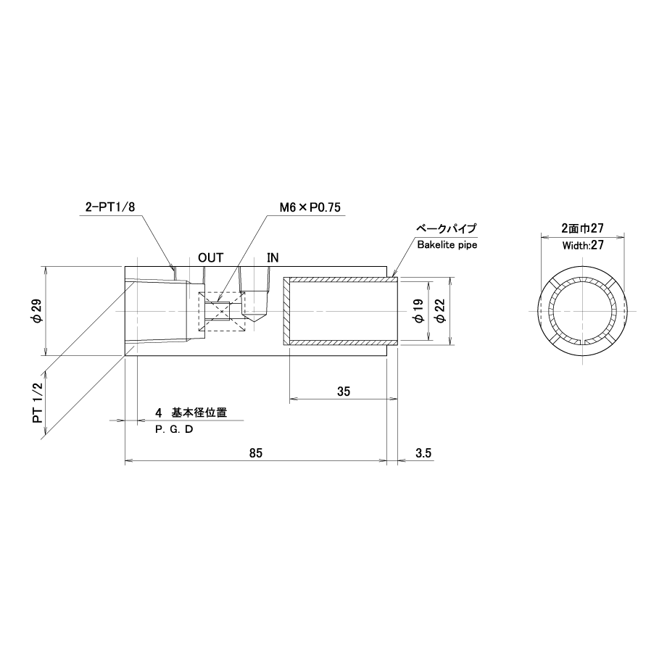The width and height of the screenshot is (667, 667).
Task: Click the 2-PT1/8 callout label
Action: point(110,207)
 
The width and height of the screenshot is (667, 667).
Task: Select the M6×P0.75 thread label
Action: point(310,207)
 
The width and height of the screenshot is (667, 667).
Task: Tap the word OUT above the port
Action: point(210,258)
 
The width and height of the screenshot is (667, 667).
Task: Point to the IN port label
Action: point(273,258)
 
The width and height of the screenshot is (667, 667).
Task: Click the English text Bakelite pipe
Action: point(447,245)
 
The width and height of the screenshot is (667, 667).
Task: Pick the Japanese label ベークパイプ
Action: point(446,228)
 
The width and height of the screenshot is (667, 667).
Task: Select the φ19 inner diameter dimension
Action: point(419,311)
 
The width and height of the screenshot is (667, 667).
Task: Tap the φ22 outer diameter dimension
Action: point(441,311)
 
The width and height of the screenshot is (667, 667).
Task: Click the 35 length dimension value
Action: point(344,391)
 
